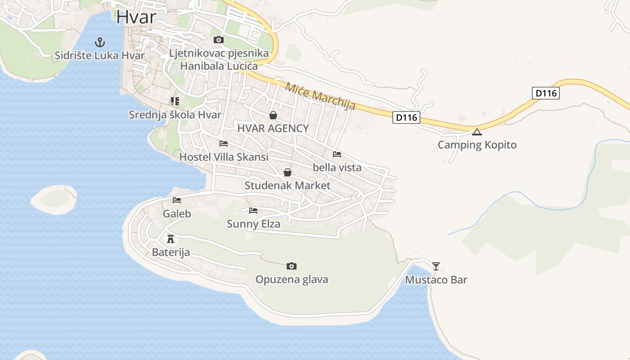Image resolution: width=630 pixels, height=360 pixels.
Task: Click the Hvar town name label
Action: pos(136,17)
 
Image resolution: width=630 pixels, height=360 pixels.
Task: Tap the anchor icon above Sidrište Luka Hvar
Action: pos(99,42)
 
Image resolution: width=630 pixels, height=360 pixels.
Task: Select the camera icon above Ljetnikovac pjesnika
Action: pos(219,40)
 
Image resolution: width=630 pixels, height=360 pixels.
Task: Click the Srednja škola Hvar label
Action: pos(175,115)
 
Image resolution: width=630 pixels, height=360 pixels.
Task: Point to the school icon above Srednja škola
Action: pos(175,101)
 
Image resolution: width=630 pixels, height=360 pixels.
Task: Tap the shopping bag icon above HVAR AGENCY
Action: pos(273,115)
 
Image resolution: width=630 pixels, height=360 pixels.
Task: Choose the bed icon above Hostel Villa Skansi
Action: pos(224,144)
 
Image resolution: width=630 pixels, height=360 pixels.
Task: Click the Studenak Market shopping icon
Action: pos(288,172)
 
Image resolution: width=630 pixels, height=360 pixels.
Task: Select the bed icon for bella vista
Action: pos(337,154)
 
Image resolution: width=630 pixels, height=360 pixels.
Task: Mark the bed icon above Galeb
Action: pos(177,200)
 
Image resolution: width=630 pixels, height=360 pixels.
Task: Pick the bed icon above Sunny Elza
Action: pos(253,210)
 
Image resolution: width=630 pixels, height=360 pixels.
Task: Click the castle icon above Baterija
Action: pos(171,238)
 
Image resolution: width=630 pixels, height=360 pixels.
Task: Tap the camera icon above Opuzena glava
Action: pos(292,266)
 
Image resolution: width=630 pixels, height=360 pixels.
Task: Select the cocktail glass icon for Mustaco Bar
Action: pos(436,266)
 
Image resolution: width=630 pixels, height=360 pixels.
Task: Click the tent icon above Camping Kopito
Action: pos(477,132)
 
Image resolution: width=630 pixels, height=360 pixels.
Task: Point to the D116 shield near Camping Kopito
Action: pos(406,118)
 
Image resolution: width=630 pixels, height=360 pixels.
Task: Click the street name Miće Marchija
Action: pos(320,96)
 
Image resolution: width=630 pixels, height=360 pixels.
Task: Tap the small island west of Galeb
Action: pos(54,199)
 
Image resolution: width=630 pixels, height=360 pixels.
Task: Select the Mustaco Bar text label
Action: pos(436,280)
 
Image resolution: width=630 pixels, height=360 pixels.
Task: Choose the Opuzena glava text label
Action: pos(292,279)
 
